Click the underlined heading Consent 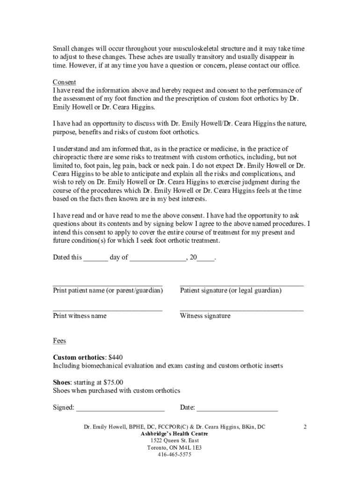(64, 82)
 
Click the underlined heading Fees (59, 341)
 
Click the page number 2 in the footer (304, 427)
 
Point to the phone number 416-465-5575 (174, 455)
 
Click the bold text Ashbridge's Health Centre (174, 434)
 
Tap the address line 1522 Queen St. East (174, 441)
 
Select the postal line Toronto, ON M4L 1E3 (174, 448)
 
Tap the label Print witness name (79, 316)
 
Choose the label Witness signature (205, 316)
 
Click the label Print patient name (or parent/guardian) (108, 290)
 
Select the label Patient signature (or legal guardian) (230, 290)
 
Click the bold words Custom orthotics (79, 357)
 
